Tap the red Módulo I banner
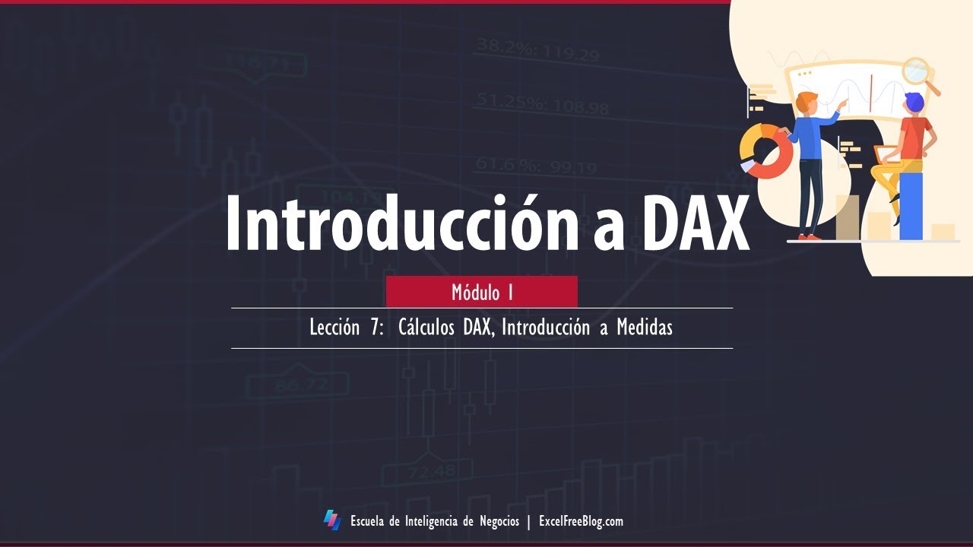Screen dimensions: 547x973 (x=482, y=292)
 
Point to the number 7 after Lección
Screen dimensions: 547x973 (x=378, y=328)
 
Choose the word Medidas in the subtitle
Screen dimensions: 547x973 (x=645, y=328)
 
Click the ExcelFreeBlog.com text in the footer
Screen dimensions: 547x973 (x=581, y=521)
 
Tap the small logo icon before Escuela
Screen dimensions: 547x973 (x=332, y=520)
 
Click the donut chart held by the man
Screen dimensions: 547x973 (x=765, y=151)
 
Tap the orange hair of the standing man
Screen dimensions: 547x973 (x=807, y=98)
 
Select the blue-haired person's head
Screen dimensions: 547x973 (x=913, y=103)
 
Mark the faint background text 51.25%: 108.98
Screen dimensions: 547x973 (x=543, y=104)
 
